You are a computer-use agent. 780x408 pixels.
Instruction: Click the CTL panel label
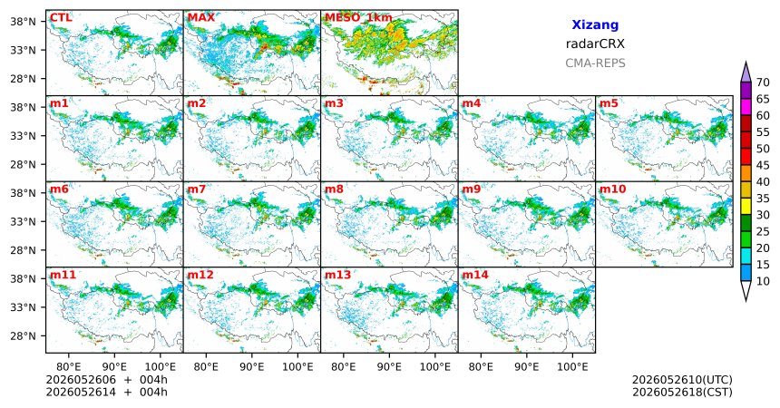tap(61, 18)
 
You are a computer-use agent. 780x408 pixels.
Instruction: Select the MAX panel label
tap(201, 18)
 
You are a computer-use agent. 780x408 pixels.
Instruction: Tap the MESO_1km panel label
tap(358, 18)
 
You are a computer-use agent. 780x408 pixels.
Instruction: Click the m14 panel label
tap(475, 275)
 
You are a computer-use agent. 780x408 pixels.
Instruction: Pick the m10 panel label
tap(612, 189)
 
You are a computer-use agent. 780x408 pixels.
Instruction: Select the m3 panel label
tap(334, 103)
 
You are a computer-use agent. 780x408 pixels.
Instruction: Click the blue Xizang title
tap(595, 24)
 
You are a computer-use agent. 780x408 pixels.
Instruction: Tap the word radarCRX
tap(595, 44)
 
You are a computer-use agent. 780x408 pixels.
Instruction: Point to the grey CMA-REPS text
tap(595, 63)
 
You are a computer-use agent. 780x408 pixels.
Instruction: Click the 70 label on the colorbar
tap(763, 83)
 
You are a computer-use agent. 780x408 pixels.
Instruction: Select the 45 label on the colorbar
tap(763, 165)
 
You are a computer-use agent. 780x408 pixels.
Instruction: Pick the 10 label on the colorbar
tap(763, 282)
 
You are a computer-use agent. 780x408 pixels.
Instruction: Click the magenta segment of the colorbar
tap(746, 107)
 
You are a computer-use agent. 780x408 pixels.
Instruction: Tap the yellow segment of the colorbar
tap(746, 207)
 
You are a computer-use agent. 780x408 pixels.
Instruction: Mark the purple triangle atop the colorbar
tap(746, 73)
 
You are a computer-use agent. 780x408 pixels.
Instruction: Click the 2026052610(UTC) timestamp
tap(682, 380)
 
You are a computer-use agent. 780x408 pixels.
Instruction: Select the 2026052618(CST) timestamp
tap(682, 392)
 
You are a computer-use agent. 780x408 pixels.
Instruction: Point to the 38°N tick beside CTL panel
tap(24, 22)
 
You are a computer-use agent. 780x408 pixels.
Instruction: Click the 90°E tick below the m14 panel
tap(527, 367)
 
